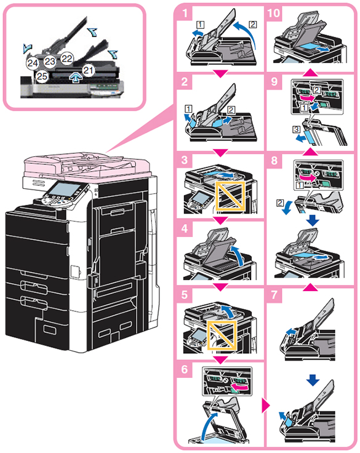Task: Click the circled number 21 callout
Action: pos(89,70)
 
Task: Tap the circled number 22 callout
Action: pos(67,58)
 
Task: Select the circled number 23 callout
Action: pos(50,62)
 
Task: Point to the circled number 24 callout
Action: pos(33,63)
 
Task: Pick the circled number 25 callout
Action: pos(42,76)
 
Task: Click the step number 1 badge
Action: pos(185,14)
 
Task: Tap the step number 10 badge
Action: pos(274,14)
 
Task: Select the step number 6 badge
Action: pos(185,369)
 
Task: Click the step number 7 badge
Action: pos(274,295)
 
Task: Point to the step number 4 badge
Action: pos(185,229)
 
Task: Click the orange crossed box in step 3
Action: pos(230,196)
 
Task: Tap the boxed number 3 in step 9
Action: pos(296,129)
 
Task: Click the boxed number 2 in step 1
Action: pos(253,24)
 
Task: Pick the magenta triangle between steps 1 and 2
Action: pos(220,74)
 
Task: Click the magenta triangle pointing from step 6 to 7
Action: pos(265,406)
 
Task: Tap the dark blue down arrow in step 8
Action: pos(313,220)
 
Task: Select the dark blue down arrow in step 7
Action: pos(313,380)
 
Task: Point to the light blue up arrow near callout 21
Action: pos(76,78)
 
